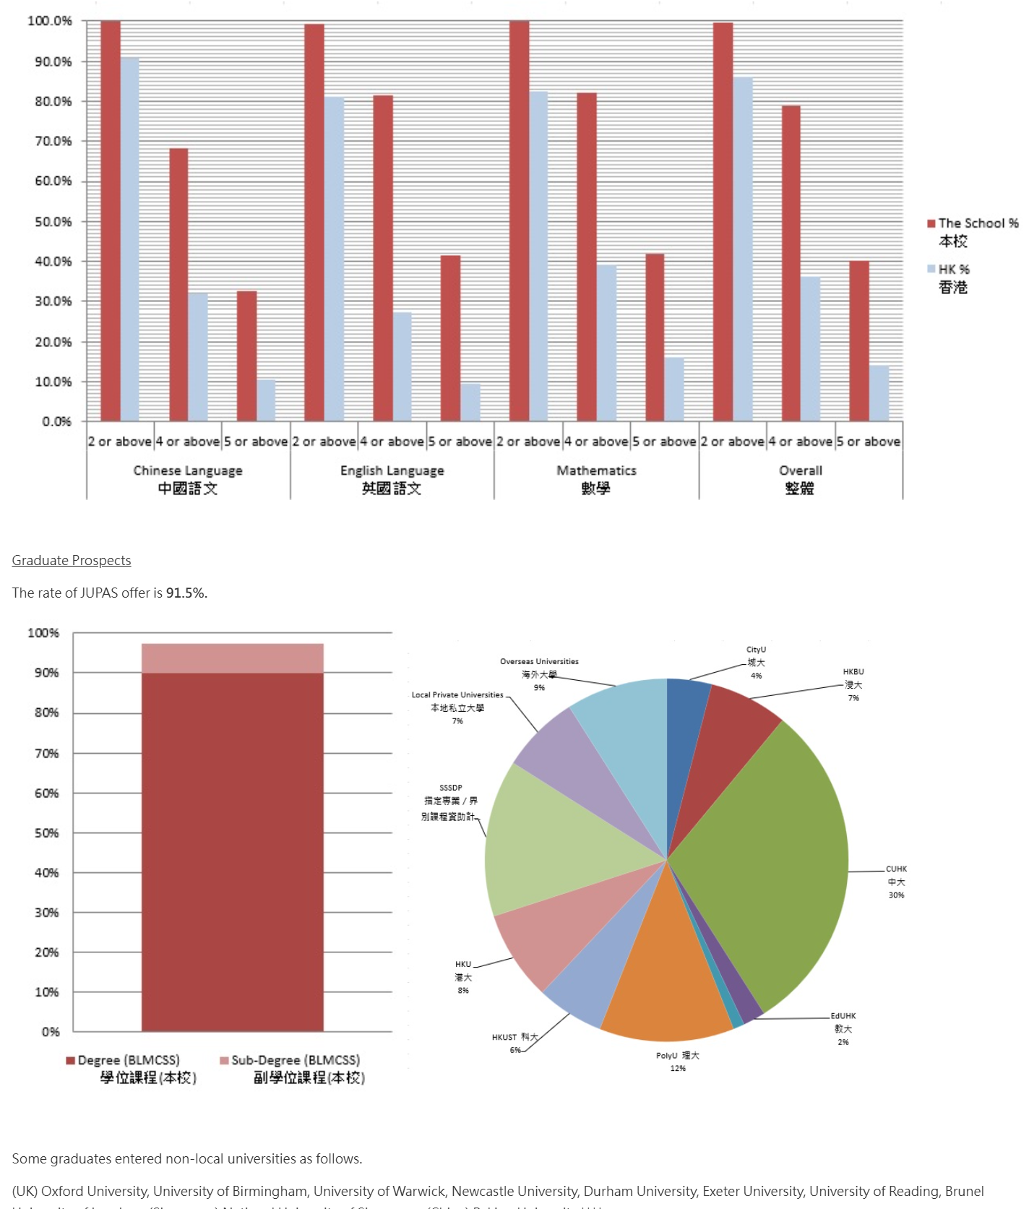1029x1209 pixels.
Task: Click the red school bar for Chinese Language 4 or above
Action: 178,285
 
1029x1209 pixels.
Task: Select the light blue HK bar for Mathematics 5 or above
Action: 673,390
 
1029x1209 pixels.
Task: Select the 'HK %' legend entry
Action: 953,270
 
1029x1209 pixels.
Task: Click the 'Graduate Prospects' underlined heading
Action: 72,561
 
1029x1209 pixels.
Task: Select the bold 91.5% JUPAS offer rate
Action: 185,593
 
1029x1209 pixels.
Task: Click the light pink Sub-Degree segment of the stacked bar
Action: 232,658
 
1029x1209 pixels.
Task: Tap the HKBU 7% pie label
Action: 853,685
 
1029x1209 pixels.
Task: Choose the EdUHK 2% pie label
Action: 843,1029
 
